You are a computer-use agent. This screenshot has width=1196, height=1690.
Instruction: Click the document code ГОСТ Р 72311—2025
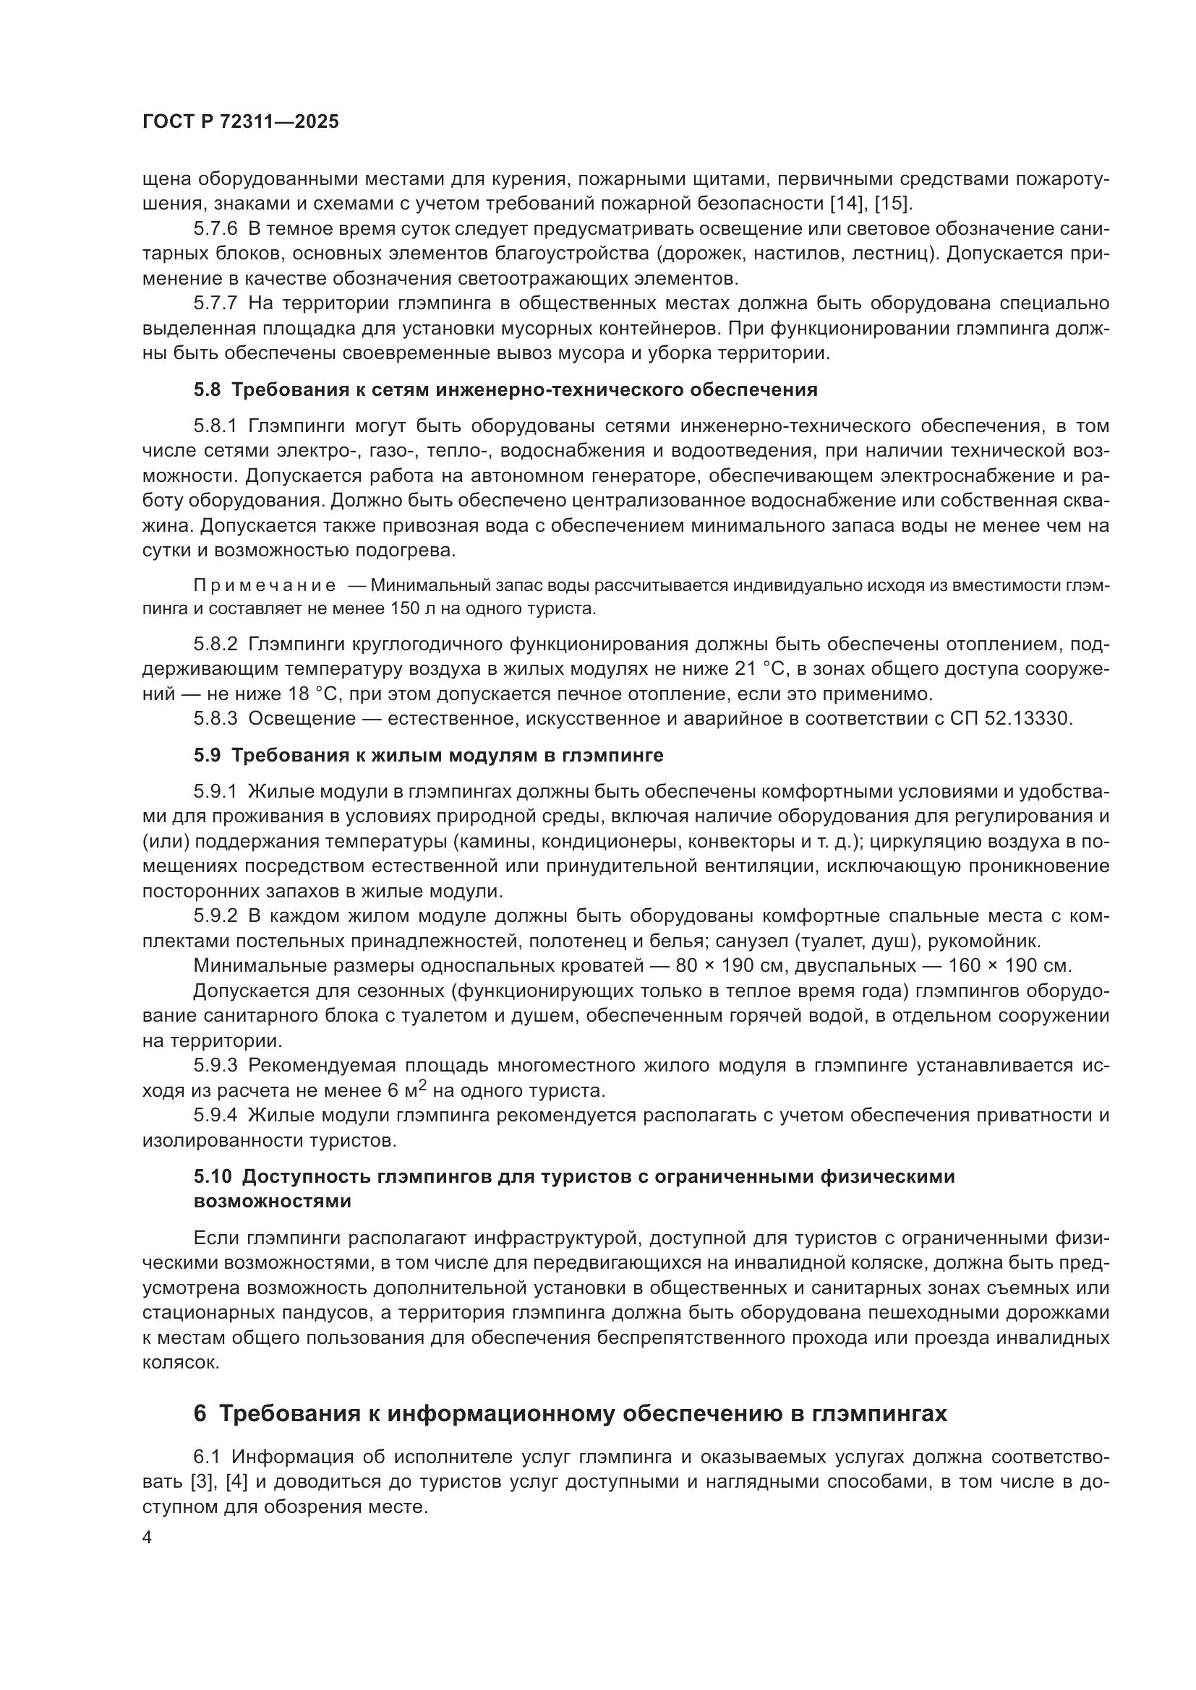[x=240, y=122]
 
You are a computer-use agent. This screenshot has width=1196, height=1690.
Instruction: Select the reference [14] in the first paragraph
[x=847, y=203]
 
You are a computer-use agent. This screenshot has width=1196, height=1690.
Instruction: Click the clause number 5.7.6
[x=215, y=229]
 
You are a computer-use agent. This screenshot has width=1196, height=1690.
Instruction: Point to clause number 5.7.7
[x=215, y=303]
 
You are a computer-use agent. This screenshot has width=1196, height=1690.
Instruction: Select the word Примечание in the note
[x=265, y=586]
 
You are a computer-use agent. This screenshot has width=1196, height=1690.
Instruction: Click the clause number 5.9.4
[x=215, y=1115]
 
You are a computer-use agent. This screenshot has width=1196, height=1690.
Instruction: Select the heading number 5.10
[x=212, y=1176]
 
